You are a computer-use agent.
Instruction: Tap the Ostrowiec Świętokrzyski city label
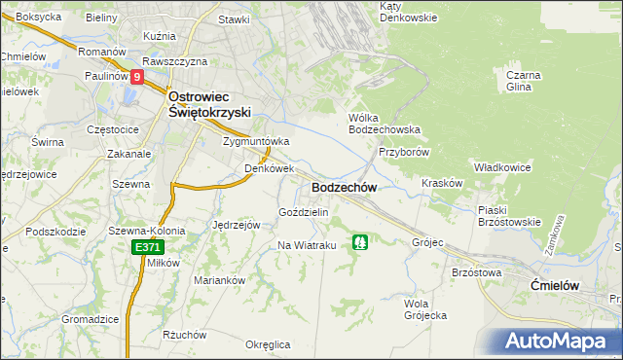coord(211,104)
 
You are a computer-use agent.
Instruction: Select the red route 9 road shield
coord(137,77)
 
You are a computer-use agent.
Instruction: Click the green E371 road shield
coord(147,248)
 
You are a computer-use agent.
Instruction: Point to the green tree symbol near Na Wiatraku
coord(360,240)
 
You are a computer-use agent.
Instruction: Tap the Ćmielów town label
coord(556,284)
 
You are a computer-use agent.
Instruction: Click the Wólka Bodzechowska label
coord(385,123)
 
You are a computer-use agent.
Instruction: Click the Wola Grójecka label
coord(424,308)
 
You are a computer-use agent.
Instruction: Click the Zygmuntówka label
coord(257,141)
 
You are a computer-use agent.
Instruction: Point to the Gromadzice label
coord(90,319)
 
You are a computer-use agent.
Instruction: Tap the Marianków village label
coord(218,280)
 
